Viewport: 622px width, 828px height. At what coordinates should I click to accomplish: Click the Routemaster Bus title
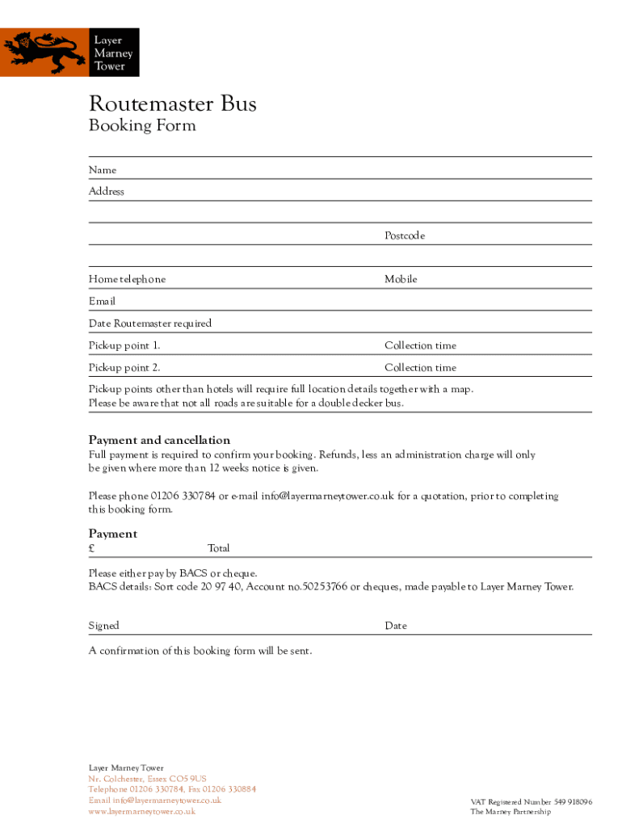(x=172, y=104)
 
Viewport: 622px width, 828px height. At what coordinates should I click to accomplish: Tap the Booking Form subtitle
(x=141, y=125)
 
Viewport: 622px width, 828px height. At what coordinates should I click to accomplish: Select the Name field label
(x=103, y=170)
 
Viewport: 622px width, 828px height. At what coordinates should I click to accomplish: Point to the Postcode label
(x=405, y=236)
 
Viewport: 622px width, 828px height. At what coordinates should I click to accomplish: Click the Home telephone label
(x=127, y=279)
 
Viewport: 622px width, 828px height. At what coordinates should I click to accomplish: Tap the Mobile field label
(x=401, y=279)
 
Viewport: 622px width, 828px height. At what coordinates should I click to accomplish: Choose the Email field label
(x=102, y=301)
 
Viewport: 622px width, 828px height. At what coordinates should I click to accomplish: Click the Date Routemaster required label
(x=150, y=323)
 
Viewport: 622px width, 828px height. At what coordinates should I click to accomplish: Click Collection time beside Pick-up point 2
(x=420, y=368)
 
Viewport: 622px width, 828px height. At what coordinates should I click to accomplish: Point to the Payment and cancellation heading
(x=159, y=441)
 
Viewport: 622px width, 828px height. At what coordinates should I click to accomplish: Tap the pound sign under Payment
(x=92, y=548)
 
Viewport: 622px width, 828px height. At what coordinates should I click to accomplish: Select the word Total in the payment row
(x=219, y=548)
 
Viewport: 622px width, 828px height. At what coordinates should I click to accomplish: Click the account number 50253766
(x=324, y=587)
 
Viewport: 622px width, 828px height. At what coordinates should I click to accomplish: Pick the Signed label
(x=103, y=626)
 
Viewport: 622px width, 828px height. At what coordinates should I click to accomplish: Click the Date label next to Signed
(x=396, y=626)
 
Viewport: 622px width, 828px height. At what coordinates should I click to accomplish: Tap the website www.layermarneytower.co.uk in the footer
(x=142, y=811)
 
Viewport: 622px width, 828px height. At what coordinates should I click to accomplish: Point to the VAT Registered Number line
(x=532, y=802)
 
